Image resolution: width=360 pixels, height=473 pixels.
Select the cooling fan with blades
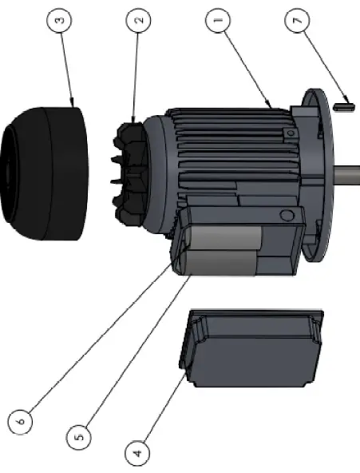(132, 172)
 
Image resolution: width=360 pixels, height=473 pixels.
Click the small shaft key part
(345, 102)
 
